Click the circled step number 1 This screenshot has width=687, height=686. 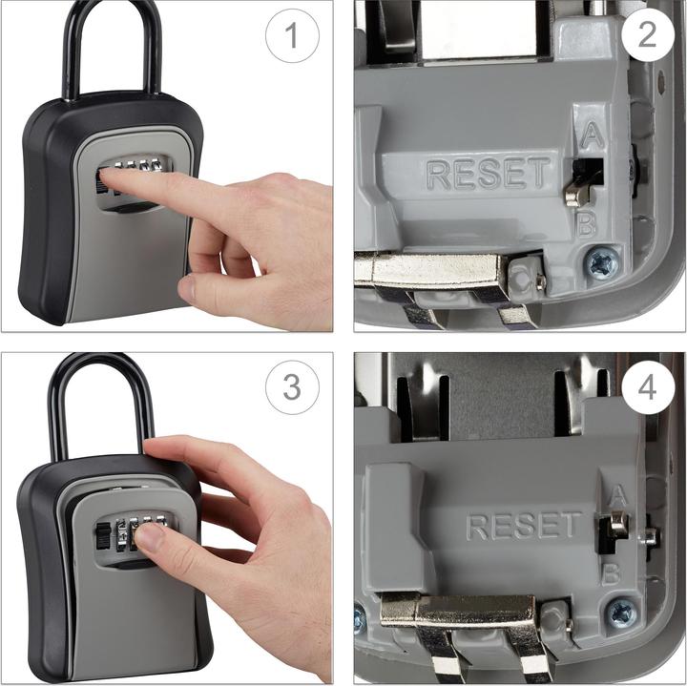[x=292, y=35]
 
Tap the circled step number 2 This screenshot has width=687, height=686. [x=647, y=33]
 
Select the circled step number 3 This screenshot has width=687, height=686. [x=292, y=387]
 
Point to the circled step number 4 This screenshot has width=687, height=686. [x=648, y=387]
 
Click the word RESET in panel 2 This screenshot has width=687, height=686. [x=489, y=174]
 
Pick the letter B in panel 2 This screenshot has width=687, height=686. [x=587, y=224]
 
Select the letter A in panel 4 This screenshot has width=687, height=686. [x=618, y=495]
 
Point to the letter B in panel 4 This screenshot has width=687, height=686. [x=611, y=574]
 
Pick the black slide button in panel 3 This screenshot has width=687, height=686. [x=103, y=536]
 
